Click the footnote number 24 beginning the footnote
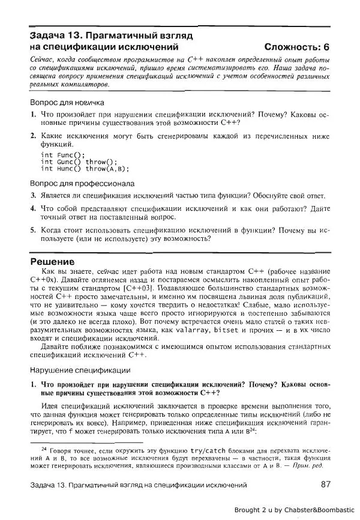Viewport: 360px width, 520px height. click(x=43, y=449)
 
